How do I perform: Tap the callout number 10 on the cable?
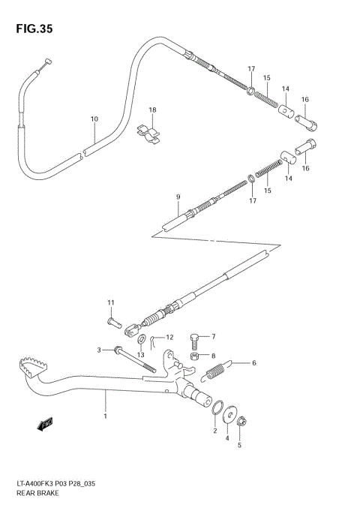pyautogui.click(x=94, y=119)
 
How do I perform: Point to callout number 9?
pyautogui.click(x=178, y=197)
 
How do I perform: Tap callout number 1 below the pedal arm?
pyautogui.click(x=106, y=416)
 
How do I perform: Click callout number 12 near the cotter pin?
pyautogui.click(x=169, y=338)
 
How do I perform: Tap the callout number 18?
pyautogui.click(x=152, y=110)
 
